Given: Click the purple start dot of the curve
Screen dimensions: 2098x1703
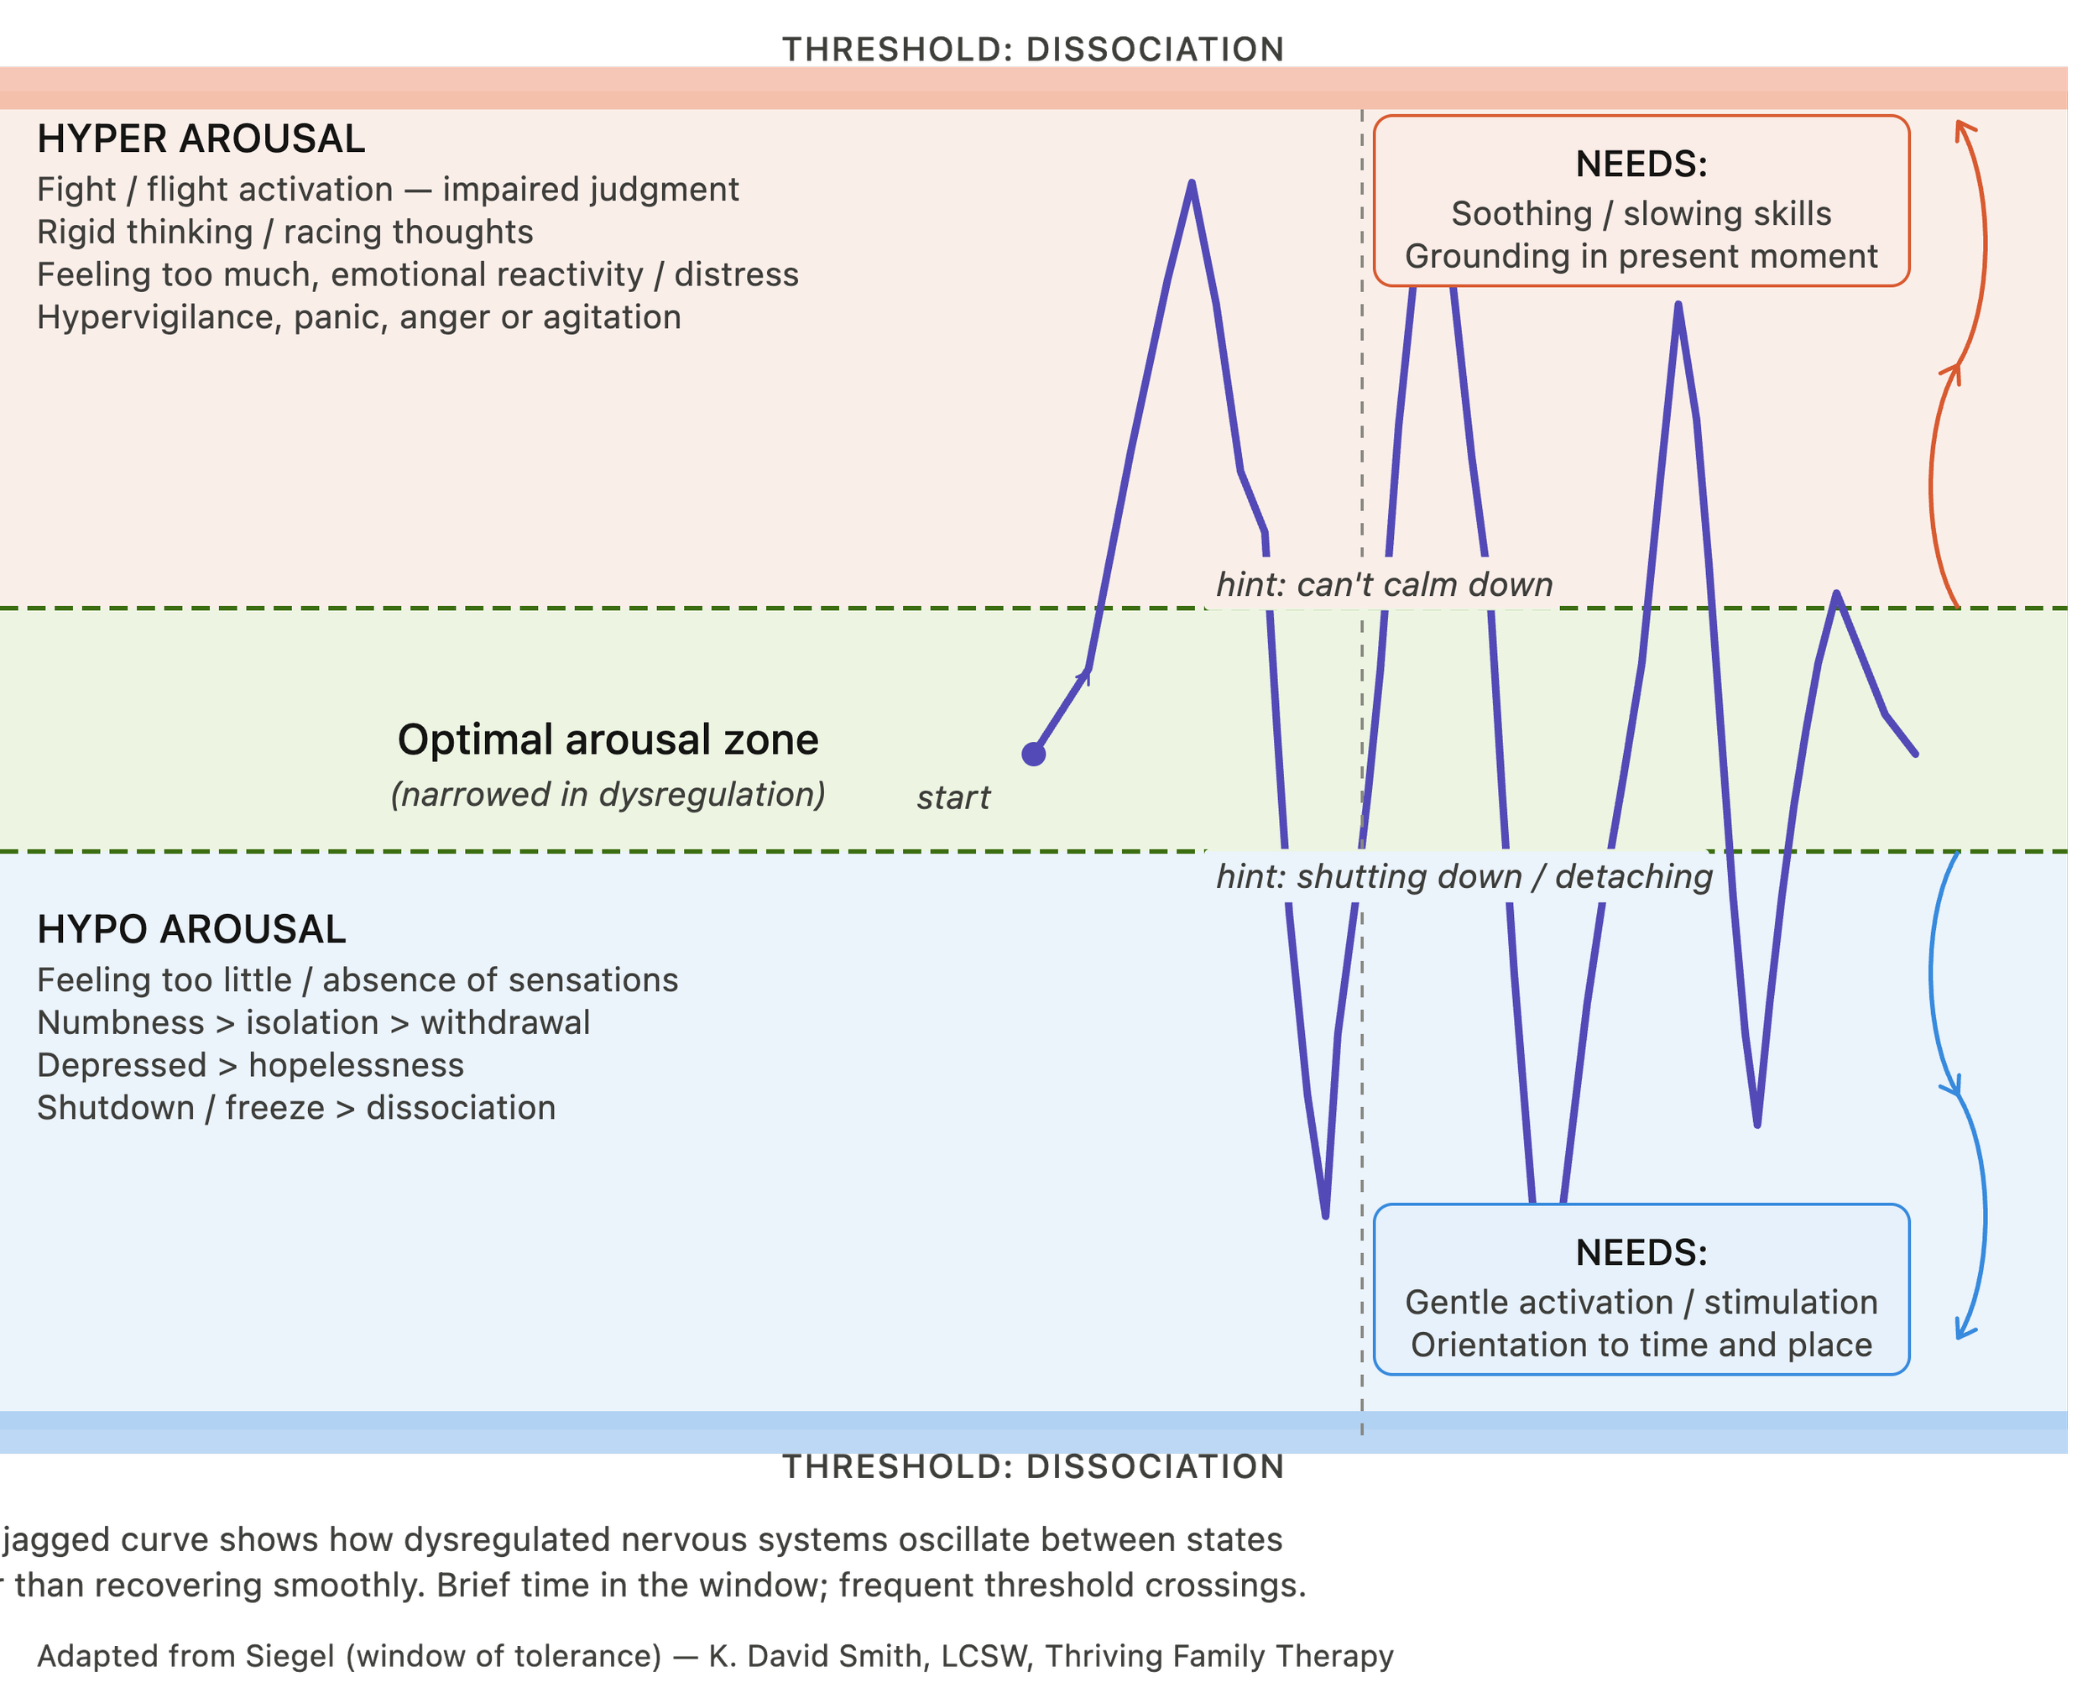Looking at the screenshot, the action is (x=1034, y=754).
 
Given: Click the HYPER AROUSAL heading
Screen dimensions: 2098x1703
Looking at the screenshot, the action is (x=201, y=139).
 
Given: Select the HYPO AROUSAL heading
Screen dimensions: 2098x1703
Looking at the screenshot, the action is (x=191, y=929).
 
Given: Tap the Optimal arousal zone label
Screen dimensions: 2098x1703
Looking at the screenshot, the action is (x=608, y=739).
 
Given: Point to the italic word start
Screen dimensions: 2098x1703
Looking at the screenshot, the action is (x=953, y=797).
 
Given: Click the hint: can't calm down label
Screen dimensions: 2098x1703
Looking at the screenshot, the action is (x=1384, y=585).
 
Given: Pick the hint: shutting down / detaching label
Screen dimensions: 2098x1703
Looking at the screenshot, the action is (x=1464, y=876).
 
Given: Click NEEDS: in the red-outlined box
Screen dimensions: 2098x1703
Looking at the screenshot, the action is (x=1641, y=164).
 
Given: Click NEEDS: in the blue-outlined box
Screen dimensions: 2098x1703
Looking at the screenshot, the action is (x=1641, y=1253).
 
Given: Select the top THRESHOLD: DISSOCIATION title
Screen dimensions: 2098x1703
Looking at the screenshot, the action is (x=1033, y=49).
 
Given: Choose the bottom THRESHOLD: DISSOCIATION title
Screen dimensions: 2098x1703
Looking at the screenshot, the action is (x=1033, y=1466).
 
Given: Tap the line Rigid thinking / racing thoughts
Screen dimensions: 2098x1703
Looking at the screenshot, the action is (x=285, y=232).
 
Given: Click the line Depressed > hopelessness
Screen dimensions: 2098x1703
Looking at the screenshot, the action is (x=251, y=1065).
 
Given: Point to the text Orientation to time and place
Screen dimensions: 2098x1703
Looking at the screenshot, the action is (x=1641, y=1345).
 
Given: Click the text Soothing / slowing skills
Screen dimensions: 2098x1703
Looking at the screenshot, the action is (x=1641, y=214).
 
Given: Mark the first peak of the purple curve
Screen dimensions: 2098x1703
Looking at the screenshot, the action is (x=1191, y=182).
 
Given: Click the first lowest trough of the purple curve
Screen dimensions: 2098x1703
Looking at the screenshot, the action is (x=1325, y=1216).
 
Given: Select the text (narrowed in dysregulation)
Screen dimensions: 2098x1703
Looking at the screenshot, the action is (x=608, y=795).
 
